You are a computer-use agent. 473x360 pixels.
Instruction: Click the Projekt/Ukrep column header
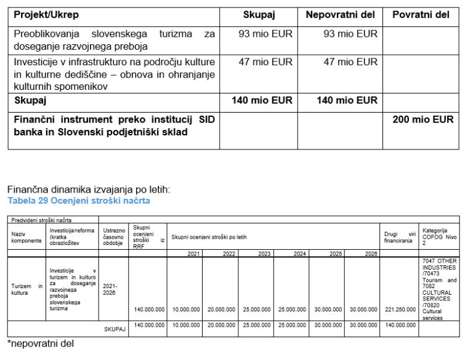coord(47,14)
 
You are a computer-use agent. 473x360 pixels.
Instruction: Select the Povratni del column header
coord(421,14)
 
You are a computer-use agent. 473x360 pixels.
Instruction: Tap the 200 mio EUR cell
coord(422,119)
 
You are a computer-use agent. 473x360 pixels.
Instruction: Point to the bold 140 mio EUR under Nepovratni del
coord(347,100)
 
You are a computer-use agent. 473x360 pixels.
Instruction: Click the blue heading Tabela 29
coord(79,201)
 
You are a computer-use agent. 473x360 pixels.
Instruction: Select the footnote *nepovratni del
coord(41,343)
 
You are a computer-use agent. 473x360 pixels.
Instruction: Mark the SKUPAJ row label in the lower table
coord(115,329)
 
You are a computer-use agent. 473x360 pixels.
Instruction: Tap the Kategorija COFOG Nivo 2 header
coord(439,237)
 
